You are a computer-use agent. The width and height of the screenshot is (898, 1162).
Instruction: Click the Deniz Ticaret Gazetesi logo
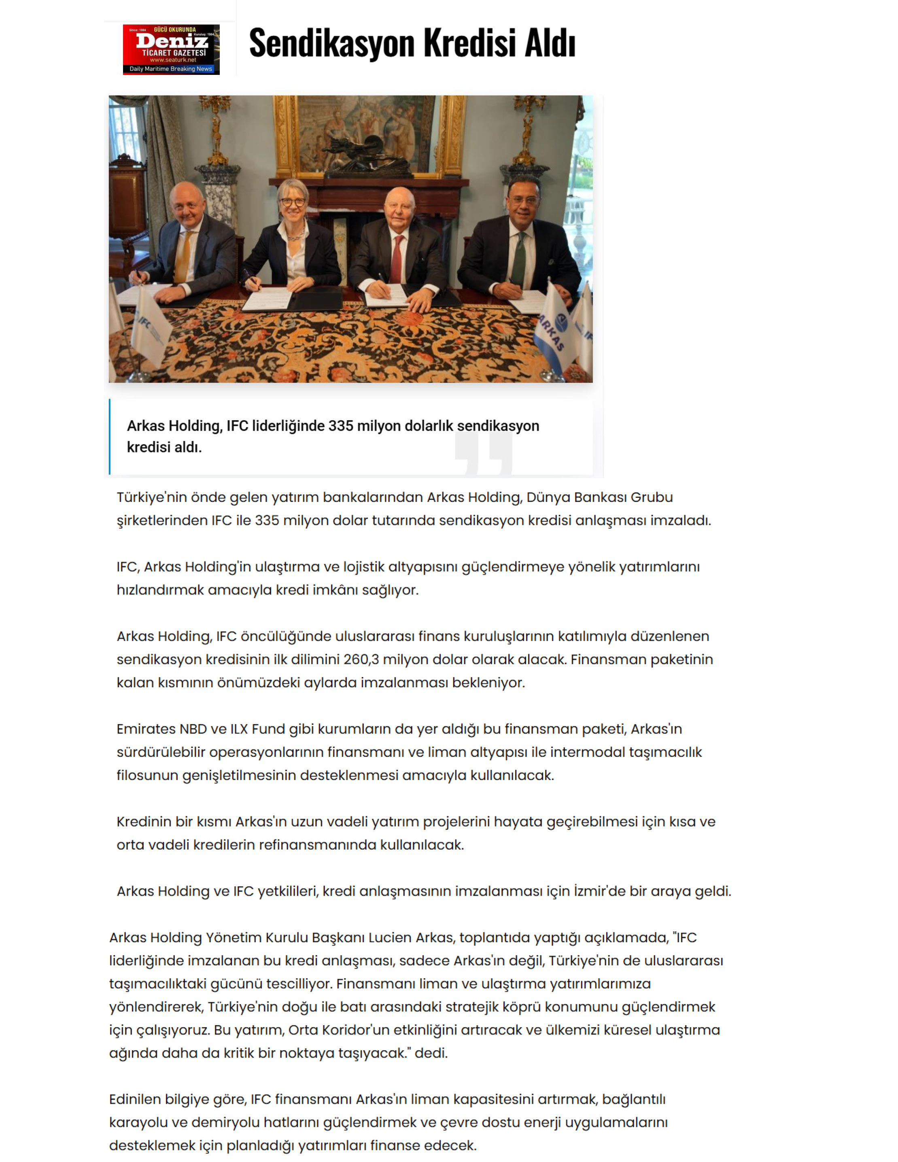click(x=171, y=49)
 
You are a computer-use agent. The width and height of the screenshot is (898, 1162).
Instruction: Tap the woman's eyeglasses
click(x=293, y=203)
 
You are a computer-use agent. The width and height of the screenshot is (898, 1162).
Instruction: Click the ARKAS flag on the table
click(x=553, y=329)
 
